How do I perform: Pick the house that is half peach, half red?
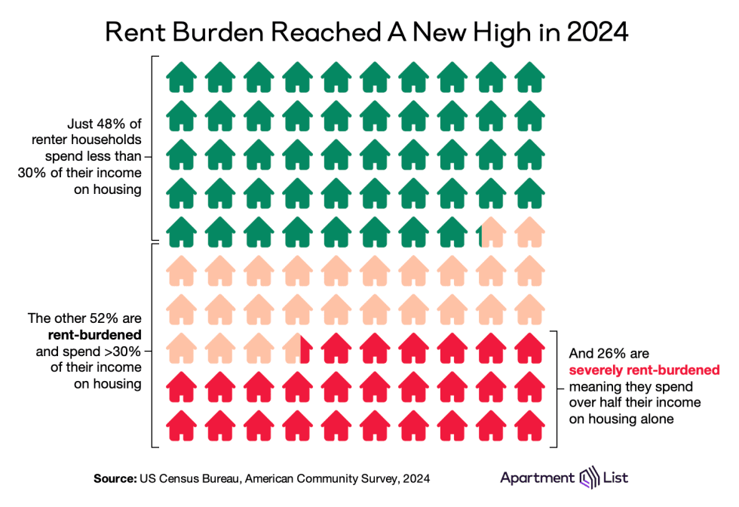298,347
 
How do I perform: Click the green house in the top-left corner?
181,76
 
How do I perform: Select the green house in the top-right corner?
529,76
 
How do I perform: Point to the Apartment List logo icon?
587,478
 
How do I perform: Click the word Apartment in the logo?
536,478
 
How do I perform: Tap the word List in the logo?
615,478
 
